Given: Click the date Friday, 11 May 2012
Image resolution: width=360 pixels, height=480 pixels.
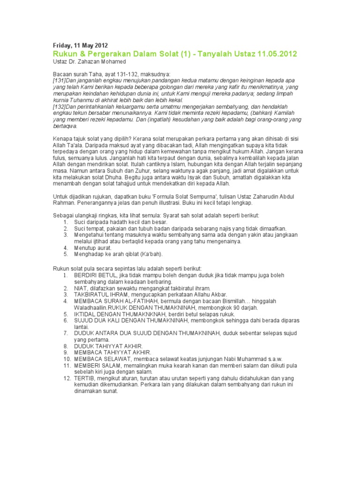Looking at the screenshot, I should pos(80,45).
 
